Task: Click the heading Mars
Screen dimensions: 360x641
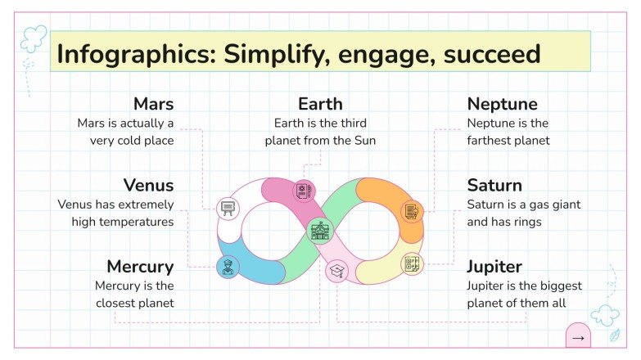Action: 153,105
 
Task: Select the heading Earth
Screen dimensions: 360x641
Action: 320,105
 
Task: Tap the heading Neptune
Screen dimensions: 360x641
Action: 502,105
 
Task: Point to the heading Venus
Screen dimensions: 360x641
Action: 148,186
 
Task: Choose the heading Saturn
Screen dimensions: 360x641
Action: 494,186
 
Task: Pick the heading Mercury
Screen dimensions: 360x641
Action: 140,267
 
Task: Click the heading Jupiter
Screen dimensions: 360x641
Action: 494,267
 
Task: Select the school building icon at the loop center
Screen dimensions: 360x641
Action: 319,231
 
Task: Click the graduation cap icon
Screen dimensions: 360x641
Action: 336,271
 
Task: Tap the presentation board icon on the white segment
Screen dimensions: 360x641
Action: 228,208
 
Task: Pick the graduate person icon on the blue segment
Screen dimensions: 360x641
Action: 227,267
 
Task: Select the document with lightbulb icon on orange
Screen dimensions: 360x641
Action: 411,211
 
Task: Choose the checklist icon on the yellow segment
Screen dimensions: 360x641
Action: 412,264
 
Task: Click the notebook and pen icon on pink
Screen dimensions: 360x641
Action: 304,191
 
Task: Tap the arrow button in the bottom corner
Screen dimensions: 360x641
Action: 579,337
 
